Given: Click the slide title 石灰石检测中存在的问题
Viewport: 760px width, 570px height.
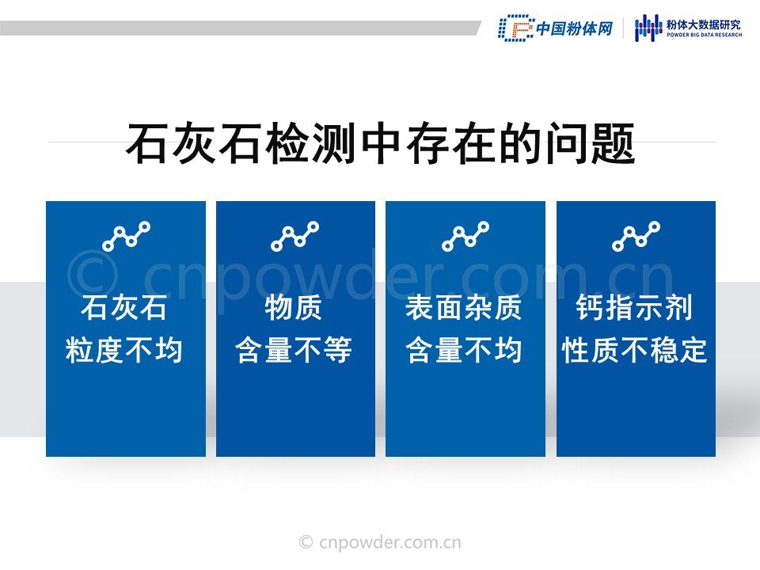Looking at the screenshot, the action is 381,143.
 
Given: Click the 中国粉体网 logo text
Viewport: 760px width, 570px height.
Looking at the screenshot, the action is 575,28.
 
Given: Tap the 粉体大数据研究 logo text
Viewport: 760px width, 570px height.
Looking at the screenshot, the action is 704,25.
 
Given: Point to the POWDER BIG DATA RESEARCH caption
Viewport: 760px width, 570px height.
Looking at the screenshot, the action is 704,35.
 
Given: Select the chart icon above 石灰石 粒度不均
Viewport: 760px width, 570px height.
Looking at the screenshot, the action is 127,236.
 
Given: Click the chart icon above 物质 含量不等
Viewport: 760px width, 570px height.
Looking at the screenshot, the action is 295,236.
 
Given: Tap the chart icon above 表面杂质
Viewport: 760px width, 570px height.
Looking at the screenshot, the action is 465,236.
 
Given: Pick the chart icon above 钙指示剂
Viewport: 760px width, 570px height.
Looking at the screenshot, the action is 636,236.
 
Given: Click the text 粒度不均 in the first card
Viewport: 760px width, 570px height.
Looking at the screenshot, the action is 124,350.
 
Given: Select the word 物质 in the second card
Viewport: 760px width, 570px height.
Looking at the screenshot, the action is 294,307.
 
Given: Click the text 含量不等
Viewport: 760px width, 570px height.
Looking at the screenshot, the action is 294,350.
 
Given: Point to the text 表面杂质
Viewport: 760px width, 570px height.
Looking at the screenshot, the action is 464,307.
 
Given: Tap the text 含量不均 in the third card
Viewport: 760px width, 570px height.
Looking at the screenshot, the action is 464,350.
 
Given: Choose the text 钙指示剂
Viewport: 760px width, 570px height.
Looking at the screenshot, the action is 634,307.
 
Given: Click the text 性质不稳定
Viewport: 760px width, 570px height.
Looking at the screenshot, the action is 634,350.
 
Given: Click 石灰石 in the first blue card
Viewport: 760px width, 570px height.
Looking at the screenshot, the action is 124,307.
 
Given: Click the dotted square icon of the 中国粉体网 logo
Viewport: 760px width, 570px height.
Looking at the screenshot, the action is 516,28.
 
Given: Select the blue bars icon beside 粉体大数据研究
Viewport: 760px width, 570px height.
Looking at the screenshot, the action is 648,28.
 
